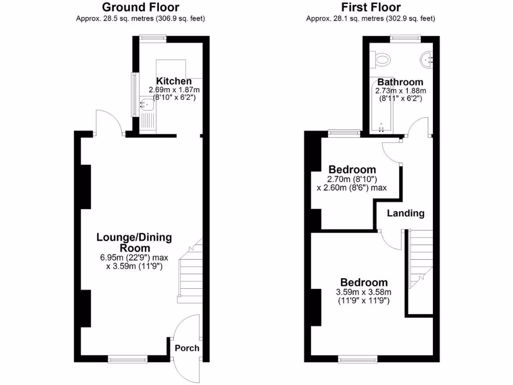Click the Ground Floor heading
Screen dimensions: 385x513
coord(140,8)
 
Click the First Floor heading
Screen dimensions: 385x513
coord(371,8)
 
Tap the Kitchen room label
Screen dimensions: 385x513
coord(174,81)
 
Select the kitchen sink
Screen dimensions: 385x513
coord(147,105)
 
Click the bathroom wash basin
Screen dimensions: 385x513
coord(428,60)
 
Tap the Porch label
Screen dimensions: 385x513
coord(187,348)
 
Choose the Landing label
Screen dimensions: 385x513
coord(406,213)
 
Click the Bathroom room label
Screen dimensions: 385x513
coord(400,82)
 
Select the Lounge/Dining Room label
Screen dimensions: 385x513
coord(134,243)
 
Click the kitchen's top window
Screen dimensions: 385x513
coord(153,37)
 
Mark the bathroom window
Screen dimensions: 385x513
coord(405,37)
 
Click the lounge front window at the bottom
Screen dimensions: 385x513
coord(128,358)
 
